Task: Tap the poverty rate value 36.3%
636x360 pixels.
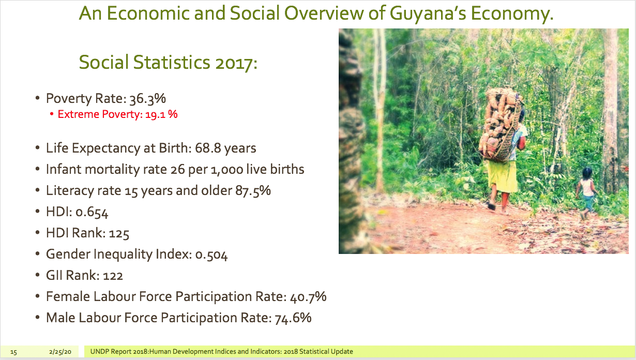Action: [x=148, y=98]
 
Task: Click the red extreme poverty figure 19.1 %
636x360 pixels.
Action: [x=161, y=114]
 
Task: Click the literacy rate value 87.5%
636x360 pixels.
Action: [x=253, y=191]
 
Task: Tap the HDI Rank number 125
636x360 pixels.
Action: [x=119, y=233]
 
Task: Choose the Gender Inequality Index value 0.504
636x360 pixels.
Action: [x=211, y=254]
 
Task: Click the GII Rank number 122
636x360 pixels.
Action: [x=113, y=276]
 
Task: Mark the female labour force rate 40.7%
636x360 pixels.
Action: [x=308, y=297]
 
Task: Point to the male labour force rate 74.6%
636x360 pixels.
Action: [x=293, y=318]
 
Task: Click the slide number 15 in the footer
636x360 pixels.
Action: [x=13, y=352]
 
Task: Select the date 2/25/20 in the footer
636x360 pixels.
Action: [x=60, y=352]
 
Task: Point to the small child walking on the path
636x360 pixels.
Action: [x=586, y=193]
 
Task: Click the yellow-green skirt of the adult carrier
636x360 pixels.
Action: [x=503, y=176]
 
